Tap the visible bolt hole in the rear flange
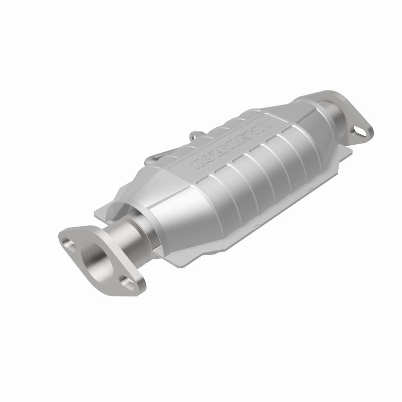click(x=360, y=131)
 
